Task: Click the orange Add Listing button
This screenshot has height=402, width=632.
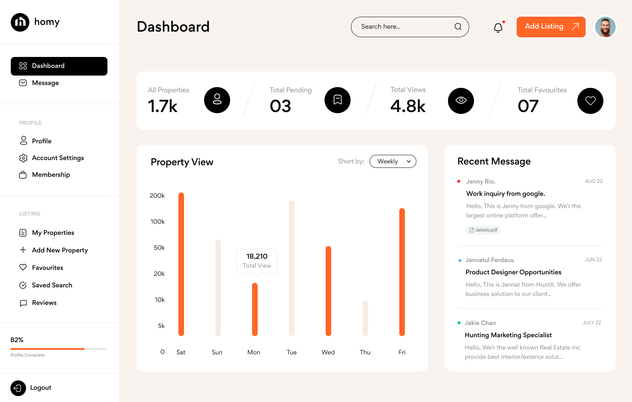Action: [x=551, y=27]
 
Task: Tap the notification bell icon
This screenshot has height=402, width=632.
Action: [x=498, y=28]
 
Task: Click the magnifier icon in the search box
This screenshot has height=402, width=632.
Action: [x=458, y=27]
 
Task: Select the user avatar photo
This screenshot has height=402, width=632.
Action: [x=605, y=27]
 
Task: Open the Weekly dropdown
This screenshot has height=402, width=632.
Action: [x=393, y=162]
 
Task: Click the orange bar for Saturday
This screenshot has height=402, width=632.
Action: [x=181, y=264]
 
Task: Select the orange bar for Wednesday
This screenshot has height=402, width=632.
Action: [x=328, y=291]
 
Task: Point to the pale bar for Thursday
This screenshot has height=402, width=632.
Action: [x=365, y=318]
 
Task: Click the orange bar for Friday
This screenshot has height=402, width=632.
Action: [x=402, y=272]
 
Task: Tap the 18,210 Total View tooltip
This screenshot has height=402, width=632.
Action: [x=257, y=261]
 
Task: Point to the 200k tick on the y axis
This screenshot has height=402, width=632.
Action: [x=157, y=196]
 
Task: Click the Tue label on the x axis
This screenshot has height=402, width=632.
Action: [x=291, y=352]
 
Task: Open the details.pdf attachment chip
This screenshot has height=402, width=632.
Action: [x=483, y=230]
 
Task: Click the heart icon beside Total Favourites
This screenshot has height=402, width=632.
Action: [x=590, y=101]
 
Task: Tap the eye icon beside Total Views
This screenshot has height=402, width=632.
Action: [x=461, y=101]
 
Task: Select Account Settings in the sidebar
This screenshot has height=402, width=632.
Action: [x=58, y=158]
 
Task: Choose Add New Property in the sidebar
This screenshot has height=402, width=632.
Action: [x=59, y=250]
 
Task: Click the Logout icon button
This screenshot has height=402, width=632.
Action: [x=18, y=388]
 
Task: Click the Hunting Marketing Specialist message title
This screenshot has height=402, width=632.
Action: [x=508, y=335]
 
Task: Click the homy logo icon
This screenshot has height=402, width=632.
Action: [x=20, y=22]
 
